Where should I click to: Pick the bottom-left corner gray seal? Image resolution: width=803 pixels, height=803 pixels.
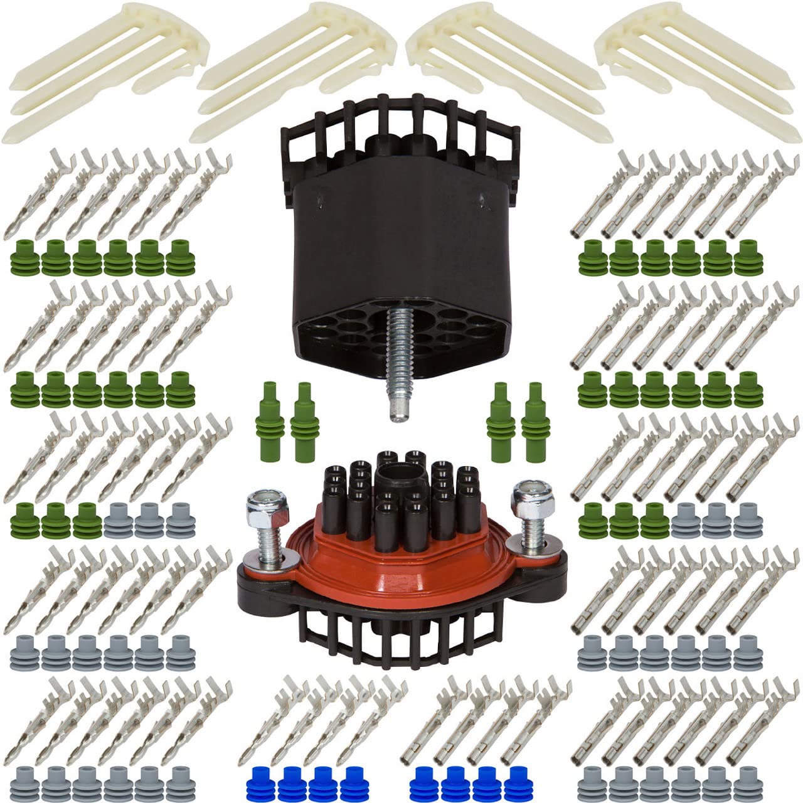click(x=25, y=781)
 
